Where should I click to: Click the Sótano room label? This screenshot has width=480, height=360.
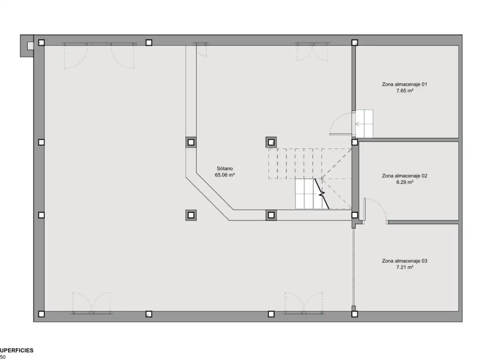point(225,169)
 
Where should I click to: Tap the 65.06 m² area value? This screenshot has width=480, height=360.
point(225,175)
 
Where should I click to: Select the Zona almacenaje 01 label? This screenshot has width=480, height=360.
point(404,84)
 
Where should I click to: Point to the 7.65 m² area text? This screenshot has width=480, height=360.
point(405,91)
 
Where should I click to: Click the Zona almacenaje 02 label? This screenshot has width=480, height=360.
point(404,176)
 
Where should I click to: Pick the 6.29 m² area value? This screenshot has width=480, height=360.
point(405,182)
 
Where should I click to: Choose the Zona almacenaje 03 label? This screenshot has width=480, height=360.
point(404,261)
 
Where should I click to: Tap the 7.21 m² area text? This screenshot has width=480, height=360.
point(405,267)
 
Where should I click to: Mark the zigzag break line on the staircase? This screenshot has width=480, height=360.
point(322,194)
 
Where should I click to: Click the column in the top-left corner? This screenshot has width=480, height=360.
point(41,42)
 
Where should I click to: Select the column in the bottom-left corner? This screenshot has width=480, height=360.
point(41,314)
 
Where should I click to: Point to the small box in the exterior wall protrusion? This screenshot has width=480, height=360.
point(30,46)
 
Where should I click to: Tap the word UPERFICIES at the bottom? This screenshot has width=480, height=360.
point(17,350)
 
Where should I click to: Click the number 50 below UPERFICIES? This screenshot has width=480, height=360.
point(3,357)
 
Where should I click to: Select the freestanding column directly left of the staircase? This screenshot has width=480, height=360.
point(271,142)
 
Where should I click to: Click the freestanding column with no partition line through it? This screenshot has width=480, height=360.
point(191,215)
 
